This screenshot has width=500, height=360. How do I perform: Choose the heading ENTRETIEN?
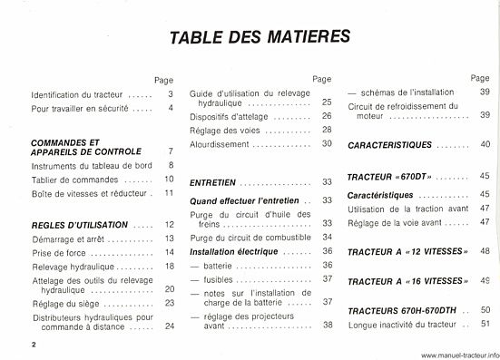click(213, 182)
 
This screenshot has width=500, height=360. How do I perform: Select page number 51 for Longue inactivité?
click(485, 324)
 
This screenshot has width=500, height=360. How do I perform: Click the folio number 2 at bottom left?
click(31, 345)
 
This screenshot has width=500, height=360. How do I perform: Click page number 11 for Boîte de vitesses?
click(169, 193)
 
